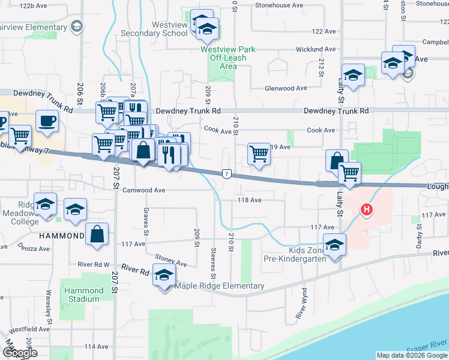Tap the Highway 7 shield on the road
pyautogui.click(x=226, y=173)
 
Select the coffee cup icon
pyautogui.click(x=47, y=121)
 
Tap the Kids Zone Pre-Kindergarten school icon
pyautogui.click(x=334, y=244)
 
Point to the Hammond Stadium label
pyautogui.click(x=83, y=295)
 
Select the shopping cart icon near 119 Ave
pyautogui.click(x=259, y=154)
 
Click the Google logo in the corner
pyautogui.click(x=20, y=353)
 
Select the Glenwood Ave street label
pyautogui.click(x=287, y=88)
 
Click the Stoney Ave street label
pyautogui.click(x=172, y=260)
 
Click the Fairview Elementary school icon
pyautogui.click(x=76, y=26)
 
